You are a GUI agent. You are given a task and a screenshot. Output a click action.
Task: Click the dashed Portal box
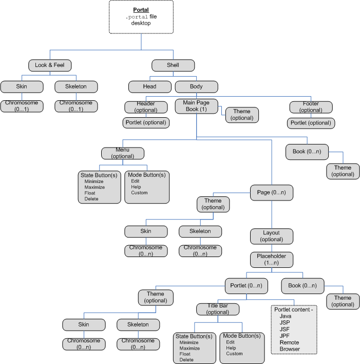pos(141,17)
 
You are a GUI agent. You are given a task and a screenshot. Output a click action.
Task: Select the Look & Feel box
pos(49,65)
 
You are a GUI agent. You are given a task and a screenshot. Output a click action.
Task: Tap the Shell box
pos(173,65)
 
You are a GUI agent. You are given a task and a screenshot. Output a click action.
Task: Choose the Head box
pos(149,86)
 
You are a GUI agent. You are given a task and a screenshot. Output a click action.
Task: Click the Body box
pos(196,86)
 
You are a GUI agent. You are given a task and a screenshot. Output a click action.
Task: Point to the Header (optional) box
pos(146,107)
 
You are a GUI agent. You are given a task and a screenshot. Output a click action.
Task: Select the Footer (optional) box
pos(311,107)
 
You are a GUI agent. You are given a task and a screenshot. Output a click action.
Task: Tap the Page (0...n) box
pos(271,193)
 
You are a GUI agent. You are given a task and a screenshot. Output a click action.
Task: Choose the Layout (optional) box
pos(271,236)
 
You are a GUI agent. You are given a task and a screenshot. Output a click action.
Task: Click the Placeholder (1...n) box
pos(271,259)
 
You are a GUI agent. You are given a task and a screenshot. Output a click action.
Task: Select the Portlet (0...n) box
pos(247,285)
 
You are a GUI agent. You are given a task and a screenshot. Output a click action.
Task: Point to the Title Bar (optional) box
pos(218,309)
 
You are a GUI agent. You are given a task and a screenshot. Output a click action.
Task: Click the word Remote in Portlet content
pos(289,342)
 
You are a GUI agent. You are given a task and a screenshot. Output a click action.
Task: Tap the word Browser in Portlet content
pos(290,349)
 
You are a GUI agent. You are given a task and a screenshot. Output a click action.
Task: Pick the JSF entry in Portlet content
pos(285,329)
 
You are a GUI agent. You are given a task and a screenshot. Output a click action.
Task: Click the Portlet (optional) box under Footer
pos(311,123)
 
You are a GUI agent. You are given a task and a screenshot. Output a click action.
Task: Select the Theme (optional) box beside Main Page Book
pos(242,115)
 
